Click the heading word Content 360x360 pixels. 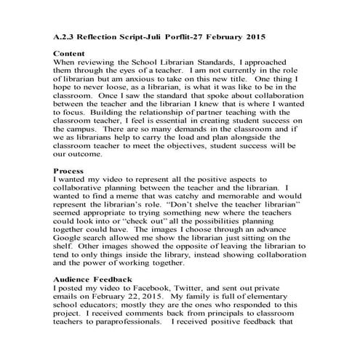pyautogui.click(x=71, y=54)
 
